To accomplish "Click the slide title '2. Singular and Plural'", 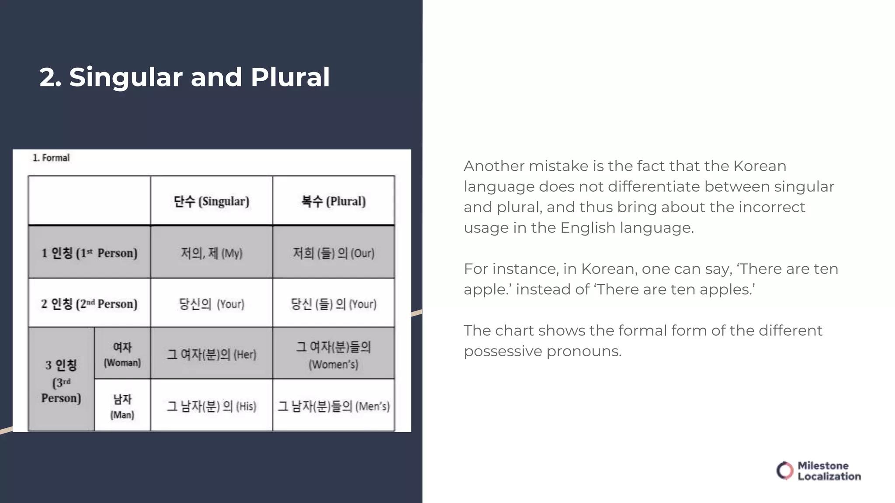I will [x=184, y=77].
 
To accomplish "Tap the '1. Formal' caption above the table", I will [x=51, y=158].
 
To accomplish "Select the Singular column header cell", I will [x=212, y=201].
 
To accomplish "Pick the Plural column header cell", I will [x=333, y=201].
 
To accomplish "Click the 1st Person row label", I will [x=89, y=252].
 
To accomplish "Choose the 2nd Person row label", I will [x=89, y=303].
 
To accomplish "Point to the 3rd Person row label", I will [x=61, y=381].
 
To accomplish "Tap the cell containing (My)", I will [x=212, y=253].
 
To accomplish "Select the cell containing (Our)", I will [x=333, y=253].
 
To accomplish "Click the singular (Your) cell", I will [x=212, y=303].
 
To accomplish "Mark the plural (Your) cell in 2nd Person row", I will [x=333, y=303].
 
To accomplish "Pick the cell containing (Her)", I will [x=212, y=354].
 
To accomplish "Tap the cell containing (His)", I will [x=212, y=406].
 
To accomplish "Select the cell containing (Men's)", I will [x=333, y=406].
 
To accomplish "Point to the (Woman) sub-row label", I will [x=122, y=354].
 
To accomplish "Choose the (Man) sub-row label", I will [x=122, y=406].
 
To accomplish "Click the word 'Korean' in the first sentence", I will [x=760, y=166].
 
